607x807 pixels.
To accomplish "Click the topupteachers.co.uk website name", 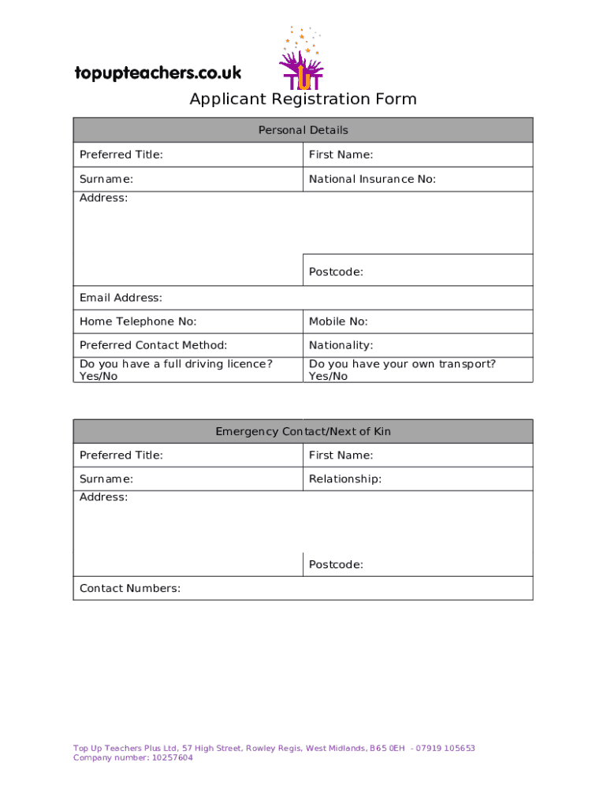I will click(158, 73).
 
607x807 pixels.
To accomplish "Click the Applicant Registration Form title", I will click(303, 99).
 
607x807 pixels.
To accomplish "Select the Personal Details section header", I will click(303, 130).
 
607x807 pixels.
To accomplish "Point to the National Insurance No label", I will click(372, 180).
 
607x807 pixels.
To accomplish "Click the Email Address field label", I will click(121, 298).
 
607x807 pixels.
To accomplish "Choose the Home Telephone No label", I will click(138, 322).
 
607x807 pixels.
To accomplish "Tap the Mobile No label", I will click(338, 322).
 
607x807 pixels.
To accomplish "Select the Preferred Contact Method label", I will click(153, 345).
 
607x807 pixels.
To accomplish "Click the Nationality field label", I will click(341, 345).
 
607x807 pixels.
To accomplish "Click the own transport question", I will click(402, 370).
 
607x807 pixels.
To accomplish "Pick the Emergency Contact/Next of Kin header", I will click(303, 432).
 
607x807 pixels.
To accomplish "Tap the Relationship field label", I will click(345, 479).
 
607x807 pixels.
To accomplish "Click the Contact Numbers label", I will click(130, 589).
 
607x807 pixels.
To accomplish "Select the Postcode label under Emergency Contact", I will click(336, 565).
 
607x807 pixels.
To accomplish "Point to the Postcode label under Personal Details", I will click(336, 272).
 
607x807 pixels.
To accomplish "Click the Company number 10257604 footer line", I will click(132, 758).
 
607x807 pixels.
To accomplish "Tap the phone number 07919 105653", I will click(445, 749).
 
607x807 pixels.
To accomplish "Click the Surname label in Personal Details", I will click(106, 180).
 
